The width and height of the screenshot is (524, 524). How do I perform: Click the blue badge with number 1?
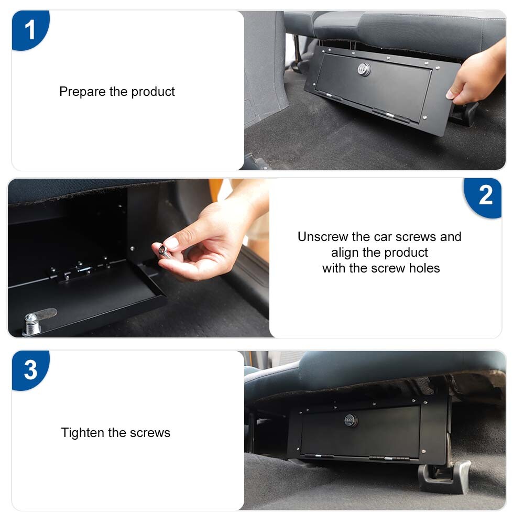point(30,30)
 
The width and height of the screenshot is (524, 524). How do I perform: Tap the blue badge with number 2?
point(485,196)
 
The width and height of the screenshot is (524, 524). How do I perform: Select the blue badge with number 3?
point(30,370)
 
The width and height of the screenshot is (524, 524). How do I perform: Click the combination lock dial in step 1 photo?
point(364,69)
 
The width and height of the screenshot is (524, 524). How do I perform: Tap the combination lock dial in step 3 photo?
point(351,420)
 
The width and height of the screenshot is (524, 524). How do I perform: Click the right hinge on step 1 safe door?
point(390,114)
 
